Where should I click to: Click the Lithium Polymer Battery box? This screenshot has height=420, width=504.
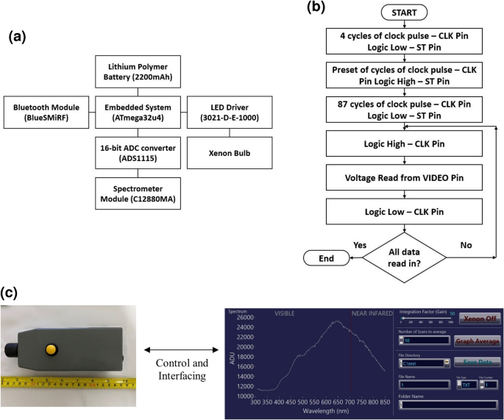click(x=140, y=75)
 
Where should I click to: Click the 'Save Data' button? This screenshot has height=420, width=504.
click(x=478, y=362)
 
